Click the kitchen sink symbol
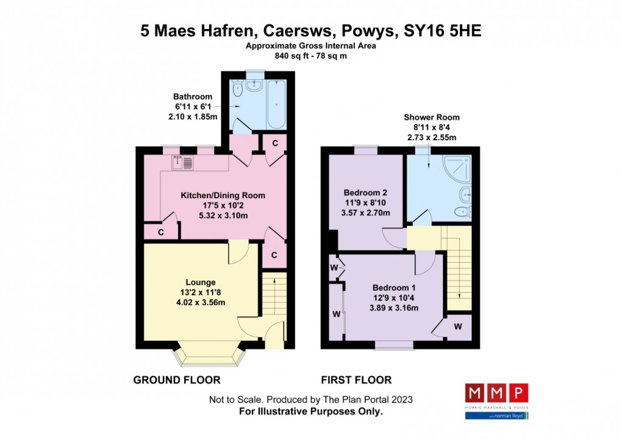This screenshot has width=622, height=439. point(184,163)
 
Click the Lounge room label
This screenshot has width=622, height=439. point(201,282)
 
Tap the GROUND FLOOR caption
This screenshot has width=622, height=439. point(177,380)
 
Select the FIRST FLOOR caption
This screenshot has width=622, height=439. point(356,380)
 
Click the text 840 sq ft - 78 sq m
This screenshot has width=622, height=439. point(311,56)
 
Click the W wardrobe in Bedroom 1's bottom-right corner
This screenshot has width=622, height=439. point(457,327)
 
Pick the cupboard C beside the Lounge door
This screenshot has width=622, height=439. point(274,255)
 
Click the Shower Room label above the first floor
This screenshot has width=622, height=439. point(431,117)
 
